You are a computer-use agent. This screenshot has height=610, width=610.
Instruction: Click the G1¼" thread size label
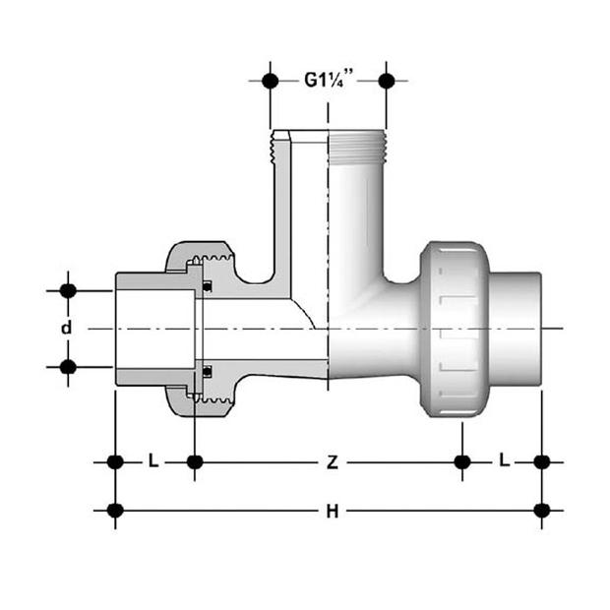[x=328, y=81]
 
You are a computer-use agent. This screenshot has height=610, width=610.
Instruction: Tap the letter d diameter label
[x=67, y=328]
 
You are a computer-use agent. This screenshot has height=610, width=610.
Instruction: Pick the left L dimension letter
[x=153, y=460]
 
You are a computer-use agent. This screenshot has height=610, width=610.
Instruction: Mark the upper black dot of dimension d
[x=68, y=290]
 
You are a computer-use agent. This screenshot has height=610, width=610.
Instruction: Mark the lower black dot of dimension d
[x=68, y=367]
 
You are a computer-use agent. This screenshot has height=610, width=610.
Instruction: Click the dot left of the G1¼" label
[x=271, y=81]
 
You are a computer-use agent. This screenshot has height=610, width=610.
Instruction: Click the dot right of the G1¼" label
[x=387, y=81]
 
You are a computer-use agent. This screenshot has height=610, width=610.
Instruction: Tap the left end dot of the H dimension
[x=115, y=511]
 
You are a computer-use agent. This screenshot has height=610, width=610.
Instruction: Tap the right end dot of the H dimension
[x=541, y=511]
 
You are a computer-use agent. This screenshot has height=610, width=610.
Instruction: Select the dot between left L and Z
[x=195, y=460]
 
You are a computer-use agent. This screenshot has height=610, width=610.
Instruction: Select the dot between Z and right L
[x=462, y=460]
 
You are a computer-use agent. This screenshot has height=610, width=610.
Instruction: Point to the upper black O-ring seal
[x=208, y=287]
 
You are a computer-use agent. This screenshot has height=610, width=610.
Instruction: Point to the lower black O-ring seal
[x=208, y=371]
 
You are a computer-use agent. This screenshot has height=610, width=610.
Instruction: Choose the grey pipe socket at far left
[x=138, y=329]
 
